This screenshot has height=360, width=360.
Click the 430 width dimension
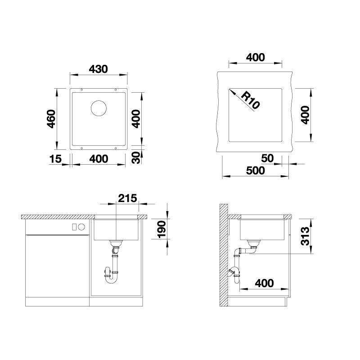(98, 69)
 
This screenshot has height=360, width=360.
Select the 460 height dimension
(51, 119)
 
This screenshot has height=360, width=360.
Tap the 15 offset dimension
(55, 159)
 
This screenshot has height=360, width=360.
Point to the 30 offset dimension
(136, 157)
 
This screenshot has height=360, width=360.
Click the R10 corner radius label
(250, 100)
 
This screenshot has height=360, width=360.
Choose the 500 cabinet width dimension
(255, 171)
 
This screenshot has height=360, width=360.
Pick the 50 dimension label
(267, 158)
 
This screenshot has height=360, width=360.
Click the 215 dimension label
(127, 198)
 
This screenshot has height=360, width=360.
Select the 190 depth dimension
(161, 229)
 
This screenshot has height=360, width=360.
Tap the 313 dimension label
(306, 236)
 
